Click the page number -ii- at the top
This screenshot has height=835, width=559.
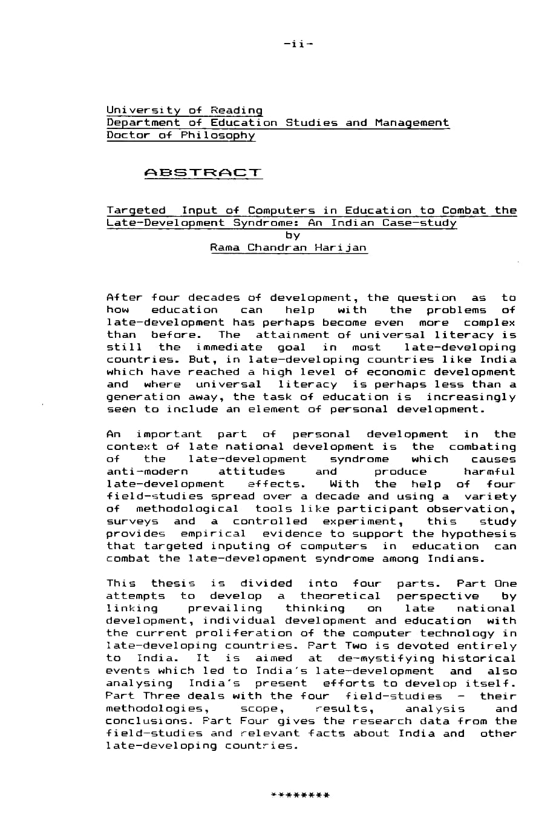(x=298, y=44)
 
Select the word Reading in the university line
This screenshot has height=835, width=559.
(x=237, y=110)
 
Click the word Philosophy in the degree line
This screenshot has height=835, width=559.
(x=218, y=135)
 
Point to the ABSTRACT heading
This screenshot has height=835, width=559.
(x=203, y=173)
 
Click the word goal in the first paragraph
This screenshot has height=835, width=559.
(x=292, y=348)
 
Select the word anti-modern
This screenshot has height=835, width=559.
(x=147, y=472)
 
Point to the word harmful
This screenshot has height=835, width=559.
(x=490, y=472)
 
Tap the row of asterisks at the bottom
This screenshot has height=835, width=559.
(x=300, y=795)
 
